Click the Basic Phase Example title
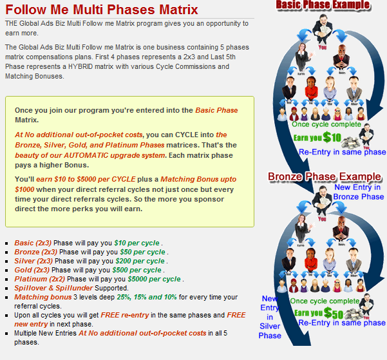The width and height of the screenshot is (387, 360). [323, 5]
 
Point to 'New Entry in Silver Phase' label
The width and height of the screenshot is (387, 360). [270, 317]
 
